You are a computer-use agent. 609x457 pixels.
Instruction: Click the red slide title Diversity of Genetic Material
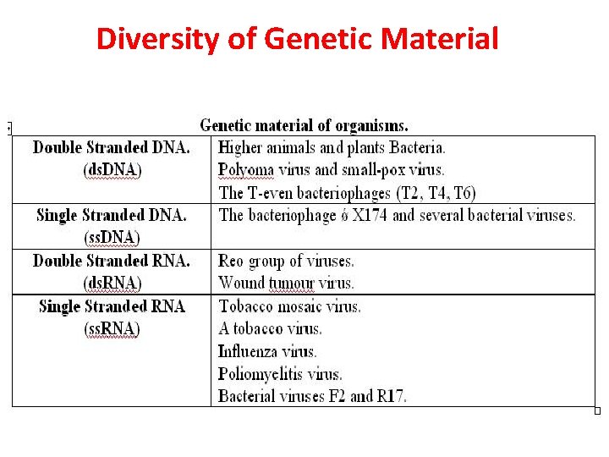point(297,39)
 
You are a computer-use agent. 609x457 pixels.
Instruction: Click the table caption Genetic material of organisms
point(304,126)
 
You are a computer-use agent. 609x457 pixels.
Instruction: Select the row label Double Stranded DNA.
point(112,147)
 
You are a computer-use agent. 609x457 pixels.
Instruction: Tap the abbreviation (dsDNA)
point(112,169)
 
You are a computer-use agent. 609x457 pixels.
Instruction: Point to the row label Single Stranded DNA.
point(112,215)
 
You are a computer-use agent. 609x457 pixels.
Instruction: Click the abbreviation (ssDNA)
point(112,237)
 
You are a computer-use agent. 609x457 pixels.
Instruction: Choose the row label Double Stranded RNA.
point(112,261)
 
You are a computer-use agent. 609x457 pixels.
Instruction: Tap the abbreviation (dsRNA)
point(112,283)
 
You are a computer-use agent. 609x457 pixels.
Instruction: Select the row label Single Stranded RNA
point(112,306)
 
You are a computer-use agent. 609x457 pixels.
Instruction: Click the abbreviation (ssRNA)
point(112,328)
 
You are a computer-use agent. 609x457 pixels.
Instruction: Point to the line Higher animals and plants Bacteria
point(332,148)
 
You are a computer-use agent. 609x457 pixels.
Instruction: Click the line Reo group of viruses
point(286,261)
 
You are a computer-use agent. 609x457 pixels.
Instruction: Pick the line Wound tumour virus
point(286,283)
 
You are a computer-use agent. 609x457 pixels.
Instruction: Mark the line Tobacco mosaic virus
point(289,306)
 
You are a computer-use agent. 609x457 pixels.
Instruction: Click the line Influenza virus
point(267,351)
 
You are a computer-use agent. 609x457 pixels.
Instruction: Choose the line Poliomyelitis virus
point(280,373)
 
